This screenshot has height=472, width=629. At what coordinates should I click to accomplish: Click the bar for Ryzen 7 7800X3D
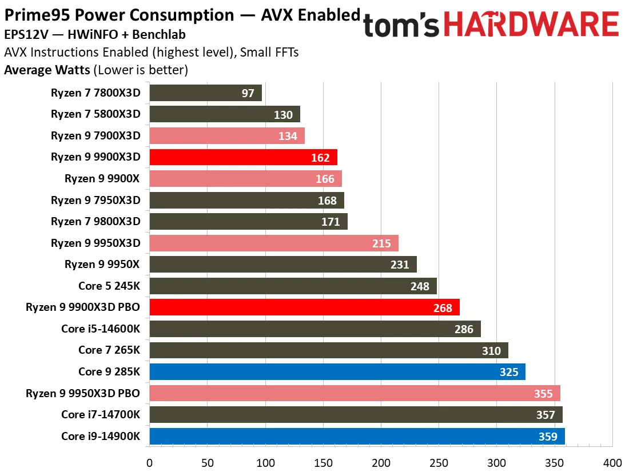(x=205, y=93)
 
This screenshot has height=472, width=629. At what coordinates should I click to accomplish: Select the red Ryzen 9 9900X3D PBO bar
(x=304, y=307)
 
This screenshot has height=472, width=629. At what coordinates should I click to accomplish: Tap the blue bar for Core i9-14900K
(x=357, y=437)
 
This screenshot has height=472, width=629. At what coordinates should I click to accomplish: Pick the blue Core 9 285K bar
(x=337, y=372)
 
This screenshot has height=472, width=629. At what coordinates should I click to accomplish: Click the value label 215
(x=381, y=243)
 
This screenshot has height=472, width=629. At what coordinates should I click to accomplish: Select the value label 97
(x=248, y=93)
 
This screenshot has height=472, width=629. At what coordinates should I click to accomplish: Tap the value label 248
(x=420, y=286)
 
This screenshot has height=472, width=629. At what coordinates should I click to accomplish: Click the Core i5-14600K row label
(x=101, y=329)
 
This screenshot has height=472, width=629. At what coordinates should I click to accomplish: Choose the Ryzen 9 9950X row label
(x=102, y=265)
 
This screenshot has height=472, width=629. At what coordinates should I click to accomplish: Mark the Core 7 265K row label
(x=109, y=350)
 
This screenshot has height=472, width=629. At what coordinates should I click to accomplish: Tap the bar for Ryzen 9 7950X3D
(x=246, y=200)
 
